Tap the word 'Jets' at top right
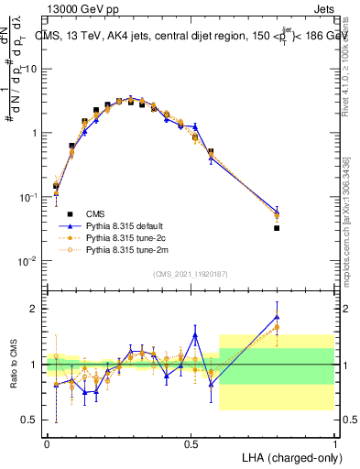(323, 7)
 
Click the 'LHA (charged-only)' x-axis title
(286, 455)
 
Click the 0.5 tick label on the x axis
(191, 442)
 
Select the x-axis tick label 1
(334, 442)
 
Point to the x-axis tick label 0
(47, 442)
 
